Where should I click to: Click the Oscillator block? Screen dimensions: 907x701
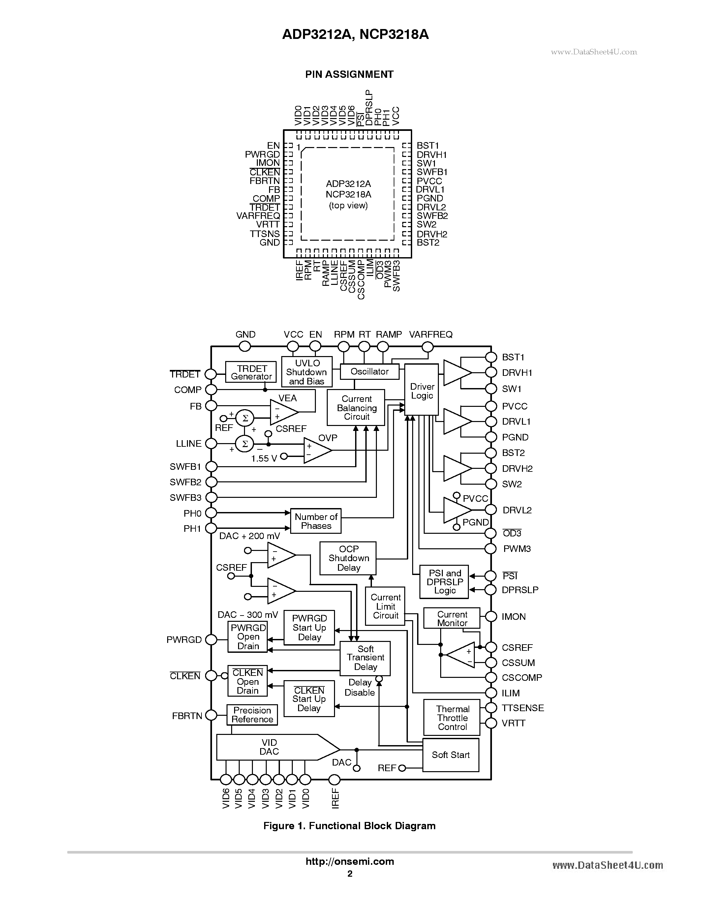tap(369, 371)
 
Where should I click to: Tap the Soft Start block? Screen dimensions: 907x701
tap(451, 755)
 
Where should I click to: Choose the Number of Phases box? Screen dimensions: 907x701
tap(316, 521)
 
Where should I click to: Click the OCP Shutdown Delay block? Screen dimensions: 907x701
tap(348, 558)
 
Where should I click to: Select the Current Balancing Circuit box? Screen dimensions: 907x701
tap(356, 408)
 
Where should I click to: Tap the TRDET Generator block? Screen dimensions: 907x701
tap(251, 372)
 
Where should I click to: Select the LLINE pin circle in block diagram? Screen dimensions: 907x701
tap(211, 443)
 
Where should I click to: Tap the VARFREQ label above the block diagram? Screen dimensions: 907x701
tap(430, 334)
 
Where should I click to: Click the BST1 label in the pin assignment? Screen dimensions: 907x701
tap(427, 145)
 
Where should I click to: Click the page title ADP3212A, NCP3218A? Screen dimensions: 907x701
tap(355, 34)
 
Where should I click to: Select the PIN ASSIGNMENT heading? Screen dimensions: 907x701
tap(349, 74)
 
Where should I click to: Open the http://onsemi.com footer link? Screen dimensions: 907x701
tap(350, 861)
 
